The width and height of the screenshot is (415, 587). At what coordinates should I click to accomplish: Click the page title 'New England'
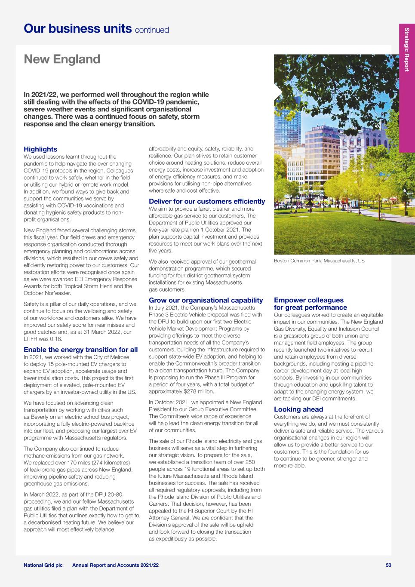62,59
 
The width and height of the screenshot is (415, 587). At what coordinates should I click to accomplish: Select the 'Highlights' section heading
40,149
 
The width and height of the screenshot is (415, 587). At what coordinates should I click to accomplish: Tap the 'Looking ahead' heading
298,409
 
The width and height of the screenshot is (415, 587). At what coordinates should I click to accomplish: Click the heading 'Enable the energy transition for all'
81,350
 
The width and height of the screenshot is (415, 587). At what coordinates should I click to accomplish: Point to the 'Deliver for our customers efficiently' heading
207,201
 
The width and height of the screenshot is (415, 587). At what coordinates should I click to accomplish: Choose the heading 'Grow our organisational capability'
206,300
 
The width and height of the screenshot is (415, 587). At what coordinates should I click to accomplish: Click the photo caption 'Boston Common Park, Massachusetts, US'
319,261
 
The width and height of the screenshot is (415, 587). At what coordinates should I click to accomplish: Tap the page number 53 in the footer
388,565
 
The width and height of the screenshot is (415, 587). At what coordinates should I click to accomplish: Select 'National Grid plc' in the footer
43,565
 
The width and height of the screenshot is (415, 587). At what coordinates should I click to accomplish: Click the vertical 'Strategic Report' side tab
406,49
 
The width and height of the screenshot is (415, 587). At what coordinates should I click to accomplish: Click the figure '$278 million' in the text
190,391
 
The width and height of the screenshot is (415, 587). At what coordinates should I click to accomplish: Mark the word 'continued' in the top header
152,30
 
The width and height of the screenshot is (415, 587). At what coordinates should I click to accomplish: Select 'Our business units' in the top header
77,29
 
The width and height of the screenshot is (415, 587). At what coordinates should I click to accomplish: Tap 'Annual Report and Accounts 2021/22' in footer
115,565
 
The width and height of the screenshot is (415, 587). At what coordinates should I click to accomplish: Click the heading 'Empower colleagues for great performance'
310,304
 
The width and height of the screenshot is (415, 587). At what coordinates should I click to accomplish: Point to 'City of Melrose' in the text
110,357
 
